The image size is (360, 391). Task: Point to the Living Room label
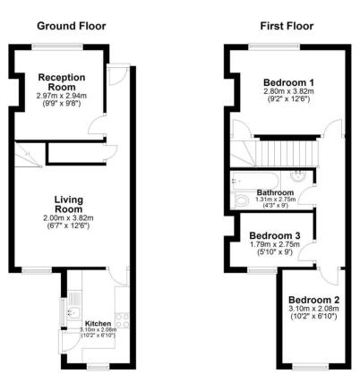coord(68,204)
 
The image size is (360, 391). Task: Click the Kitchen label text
coord(98,323)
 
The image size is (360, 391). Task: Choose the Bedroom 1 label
coord(287,81)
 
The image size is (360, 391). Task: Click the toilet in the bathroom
coord(301,177)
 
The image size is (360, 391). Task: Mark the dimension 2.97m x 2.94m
coord(60,95)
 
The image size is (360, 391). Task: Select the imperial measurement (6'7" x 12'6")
coord(68,225)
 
